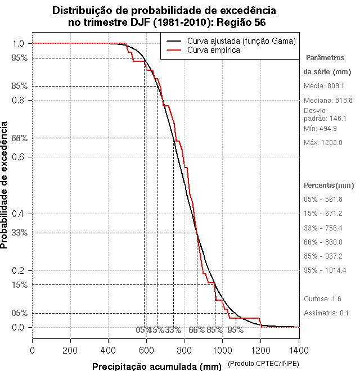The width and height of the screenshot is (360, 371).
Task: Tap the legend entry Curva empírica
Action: (x=214, y=50)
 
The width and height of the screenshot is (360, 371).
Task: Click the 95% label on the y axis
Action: (x=19, y=57)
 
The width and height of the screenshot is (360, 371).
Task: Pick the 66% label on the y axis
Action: (x=19, y=138)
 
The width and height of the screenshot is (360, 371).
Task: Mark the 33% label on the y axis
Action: (x=19, y=233)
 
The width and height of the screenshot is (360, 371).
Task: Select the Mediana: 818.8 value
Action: (x=328, y=99)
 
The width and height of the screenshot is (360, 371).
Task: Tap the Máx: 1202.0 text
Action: (x=323, y=142)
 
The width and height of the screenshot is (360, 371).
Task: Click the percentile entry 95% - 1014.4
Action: (x=325, y=270)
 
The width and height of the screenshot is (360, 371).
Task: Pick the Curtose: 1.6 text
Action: (x=322, y=298)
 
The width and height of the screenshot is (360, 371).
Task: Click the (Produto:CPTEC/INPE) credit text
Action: (x=263, y=364)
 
